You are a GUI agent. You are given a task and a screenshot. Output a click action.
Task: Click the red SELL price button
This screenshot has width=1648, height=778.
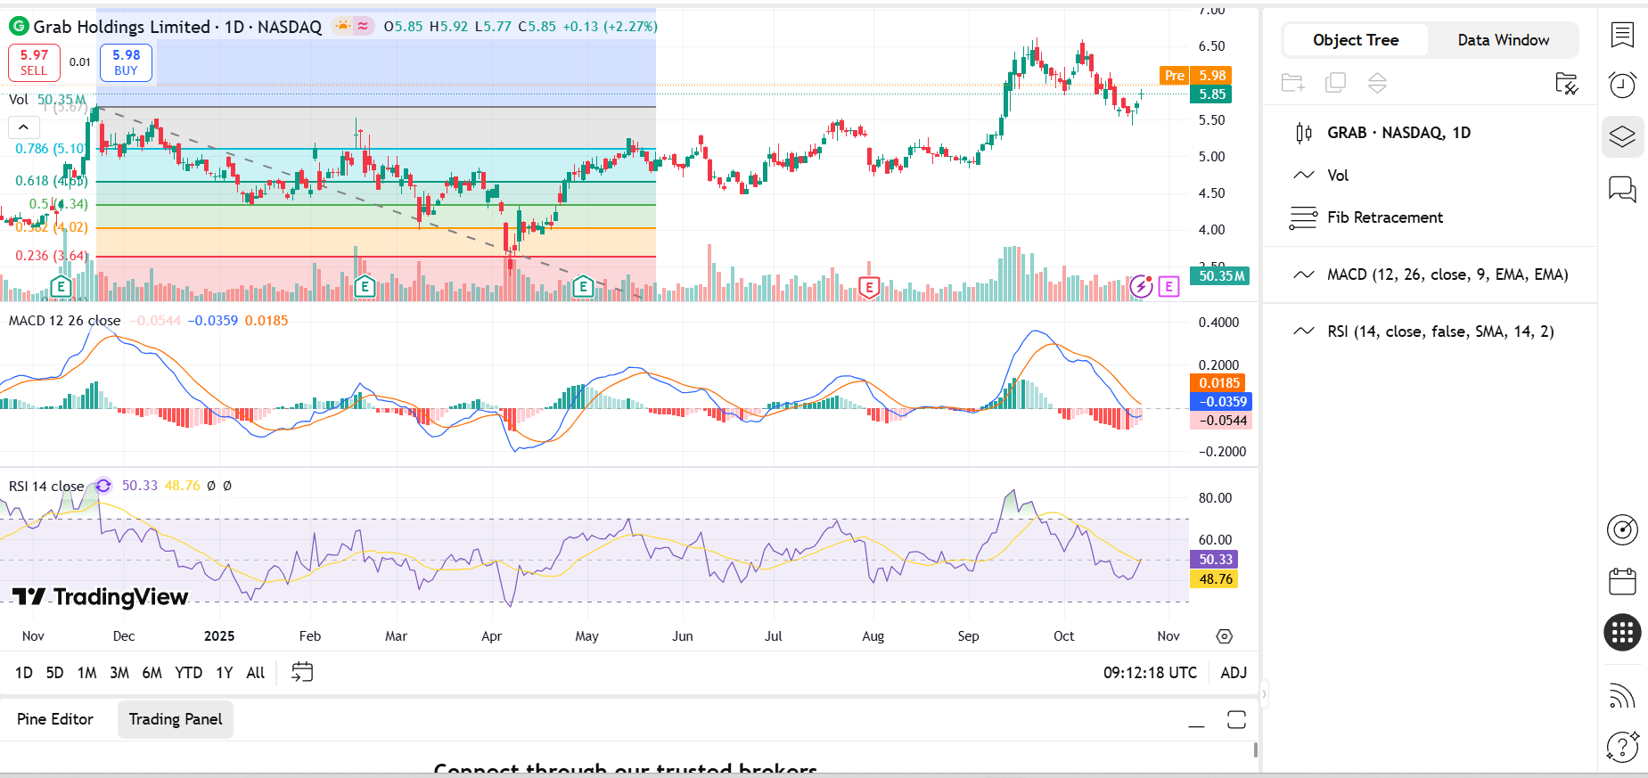click(x=34, y=62)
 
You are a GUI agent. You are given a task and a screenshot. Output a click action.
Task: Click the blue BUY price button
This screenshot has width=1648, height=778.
click(x=126, y=62)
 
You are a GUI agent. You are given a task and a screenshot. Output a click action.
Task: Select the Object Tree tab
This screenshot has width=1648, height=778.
click(x=1355, y=40)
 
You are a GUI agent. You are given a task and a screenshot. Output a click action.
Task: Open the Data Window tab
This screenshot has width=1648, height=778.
click(x=1503, y=40)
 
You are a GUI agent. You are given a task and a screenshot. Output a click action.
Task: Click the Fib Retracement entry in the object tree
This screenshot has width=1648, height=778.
click(x=1384, y=217)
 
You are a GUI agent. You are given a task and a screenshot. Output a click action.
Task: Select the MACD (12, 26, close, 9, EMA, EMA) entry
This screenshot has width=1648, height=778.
click(x=1447, y=274)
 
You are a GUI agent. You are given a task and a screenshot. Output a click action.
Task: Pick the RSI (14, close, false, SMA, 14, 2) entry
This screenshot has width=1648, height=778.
click(x=1439, y=332)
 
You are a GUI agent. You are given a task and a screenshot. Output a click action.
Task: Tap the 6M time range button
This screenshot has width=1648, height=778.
click(x=152, y=673)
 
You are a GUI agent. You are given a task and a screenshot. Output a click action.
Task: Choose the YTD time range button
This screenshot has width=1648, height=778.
click(x=188, y=673)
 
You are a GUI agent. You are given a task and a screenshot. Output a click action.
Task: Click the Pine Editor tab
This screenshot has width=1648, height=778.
click(x=55, y=719)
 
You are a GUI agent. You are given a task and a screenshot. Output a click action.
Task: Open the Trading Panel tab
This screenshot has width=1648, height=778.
click(x=176, y=719)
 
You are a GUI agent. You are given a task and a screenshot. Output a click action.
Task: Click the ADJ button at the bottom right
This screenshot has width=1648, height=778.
click(x=1233, y=673)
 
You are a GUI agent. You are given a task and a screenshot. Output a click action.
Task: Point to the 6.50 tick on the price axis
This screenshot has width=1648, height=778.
click(x=1211, y=46)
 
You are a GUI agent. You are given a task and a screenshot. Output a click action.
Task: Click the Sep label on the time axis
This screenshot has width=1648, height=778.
click(x=968, y=636)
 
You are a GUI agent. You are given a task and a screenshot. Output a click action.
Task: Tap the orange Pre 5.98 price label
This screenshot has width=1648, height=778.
click(x=1195, y=76)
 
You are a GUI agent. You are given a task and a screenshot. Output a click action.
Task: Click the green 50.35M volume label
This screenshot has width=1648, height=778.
click(x=1220, y=276)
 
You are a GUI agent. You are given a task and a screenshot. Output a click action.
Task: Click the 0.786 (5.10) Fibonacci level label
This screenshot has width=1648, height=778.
click(x=50, y=149)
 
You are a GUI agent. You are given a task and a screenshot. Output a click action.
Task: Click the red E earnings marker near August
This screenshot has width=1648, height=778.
click(x=869, y=287)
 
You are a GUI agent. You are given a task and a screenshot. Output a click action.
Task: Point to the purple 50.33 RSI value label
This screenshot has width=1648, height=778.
click(x=1215, y=560)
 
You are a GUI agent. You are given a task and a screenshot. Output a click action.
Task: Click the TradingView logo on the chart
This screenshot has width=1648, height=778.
click(x=101, y=597)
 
